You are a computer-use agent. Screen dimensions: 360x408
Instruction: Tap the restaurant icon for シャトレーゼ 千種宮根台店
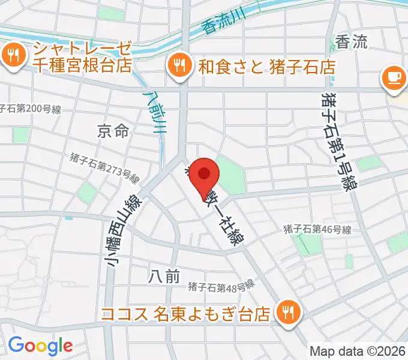click(13, 56)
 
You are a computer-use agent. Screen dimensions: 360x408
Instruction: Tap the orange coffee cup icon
click(393, 79)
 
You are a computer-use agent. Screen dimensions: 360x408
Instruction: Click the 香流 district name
click(351, 42)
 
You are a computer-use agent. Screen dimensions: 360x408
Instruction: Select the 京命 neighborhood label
click(113, 130)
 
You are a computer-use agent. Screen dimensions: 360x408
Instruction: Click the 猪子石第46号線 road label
click(317, 229)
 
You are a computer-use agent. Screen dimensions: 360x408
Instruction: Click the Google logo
click(40, 346)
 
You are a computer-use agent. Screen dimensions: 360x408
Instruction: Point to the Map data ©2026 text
click(358, 351)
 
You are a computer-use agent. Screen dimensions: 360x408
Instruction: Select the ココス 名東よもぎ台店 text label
click(186, 314)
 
